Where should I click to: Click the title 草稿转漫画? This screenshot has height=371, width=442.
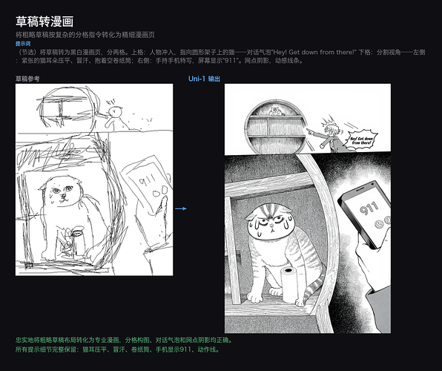[x=44, y=22]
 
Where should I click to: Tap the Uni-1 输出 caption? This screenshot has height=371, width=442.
[x=205, y=78]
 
